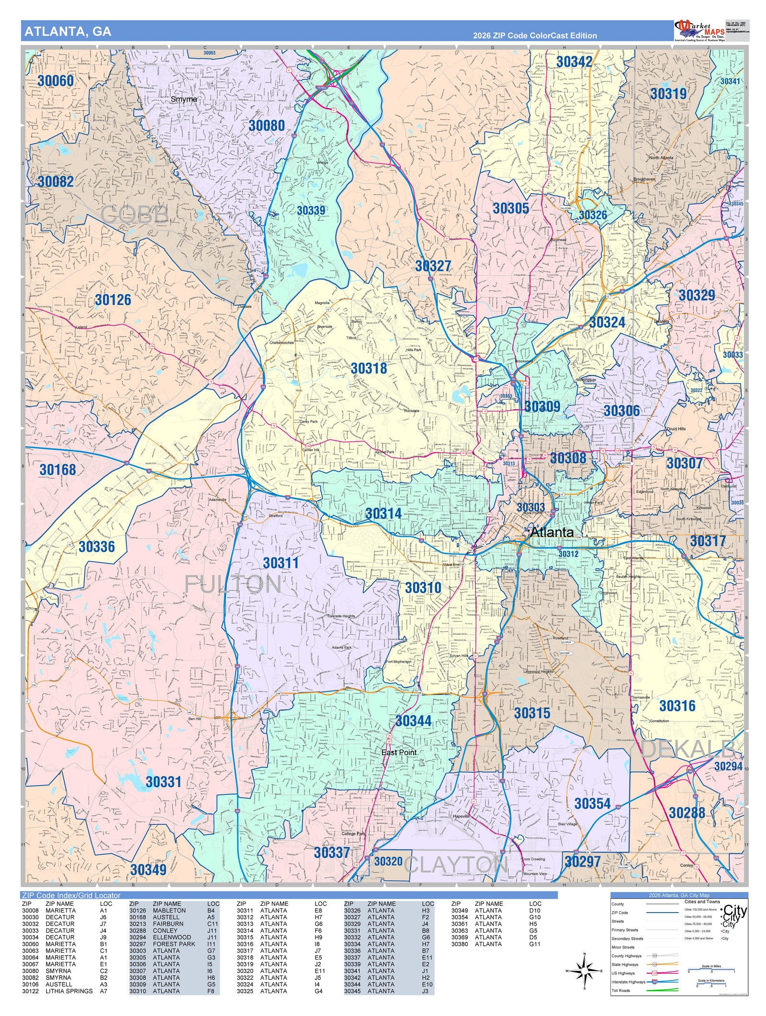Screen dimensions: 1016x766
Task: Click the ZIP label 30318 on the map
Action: tap(369, 368)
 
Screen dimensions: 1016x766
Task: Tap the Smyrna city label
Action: tap(184, 99)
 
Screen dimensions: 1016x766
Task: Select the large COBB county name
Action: tap(135, 214)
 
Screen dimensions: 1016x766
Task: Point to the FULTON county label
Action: tap(233, 585)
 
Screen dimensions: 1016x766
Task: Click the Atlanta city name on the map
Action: tap(552, 532)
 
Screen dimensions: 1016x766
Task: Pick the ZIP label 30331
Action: tap(163, 782)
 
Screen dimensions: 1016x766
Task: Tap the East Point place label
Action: tap(399, 752)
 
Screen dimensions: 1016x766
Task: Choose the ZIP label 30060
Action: tap(56, 81)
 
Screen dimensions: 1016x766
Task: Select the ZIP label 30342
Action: tap(574, 62)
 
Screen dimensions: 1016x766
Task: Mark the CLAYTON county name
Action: tap(456, 865)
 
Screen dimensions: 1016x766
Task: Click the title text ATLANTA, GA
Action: tap(68, 32)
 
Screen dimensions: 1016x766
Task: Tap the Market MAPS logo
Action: tap(699, 31)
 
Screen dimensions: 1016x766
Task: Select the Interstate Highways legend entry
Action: tap(628, 982)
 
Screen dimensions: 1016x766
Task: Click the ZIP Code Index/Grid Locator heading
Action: tap(71, 895)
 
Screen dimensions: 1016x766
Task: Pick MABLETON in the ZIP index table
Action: tap(169, 911)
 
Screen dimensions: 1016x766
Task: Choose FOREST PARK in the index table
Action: tap(174, 944)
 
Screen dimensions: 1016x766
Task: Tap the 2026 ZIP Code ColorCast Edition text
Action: tap(535, 35)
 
